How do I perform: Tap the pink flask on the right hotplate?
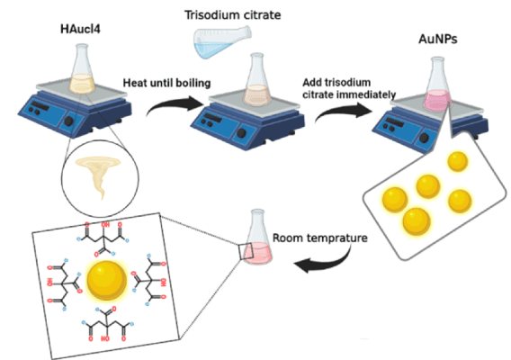pyautogui.click(x=438, y=86)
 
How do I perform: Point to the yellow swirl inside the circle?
pyautogui.click(x=94, y=176)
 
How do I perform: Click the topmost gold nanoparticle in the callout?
pyautogui.click(x=457, y=162)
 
